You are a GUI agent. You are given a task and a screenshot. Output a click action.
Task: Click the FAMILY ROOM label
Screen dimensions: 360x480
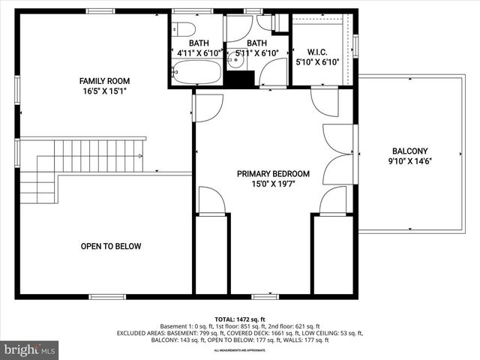pyautogui.click(x=105, y=80)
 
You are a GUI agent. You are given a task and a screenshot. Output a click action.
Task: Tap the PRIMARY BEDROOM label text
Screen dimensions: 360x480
pyautogui.click(x=273, y=173)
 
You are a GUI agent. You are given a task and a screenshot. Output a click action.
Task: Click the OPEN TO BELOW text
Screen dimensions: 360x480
pyautogui.click(x=111, y=246)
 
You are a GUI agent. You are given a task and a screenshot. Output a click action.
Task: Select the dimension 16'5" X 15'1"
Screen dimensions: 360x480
pyautogui.click(x=105, y=92)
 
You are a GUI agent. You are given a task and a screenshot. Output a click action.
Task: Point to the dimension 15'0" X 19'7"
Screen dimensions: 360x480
pyautogui.click(x=273, y=184)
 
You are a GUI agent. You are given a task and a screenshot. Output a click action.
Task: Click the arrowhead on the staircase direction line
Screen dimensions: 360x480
pyautogui.click(x=141, y=157)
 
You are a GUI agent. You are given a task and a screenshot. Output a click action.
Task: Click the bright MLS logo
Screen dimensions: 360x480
pyautogui.click(x=30, y=349)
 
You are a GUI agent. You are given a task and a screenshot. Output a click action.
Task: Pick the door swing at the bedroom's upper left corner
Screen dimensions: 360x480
pyautogui.click(x=208, y=108)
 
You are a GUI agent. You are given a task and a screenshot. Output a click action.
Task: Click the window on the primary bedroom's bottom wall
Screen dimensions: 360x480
pyautogui.click(x=265, y=296)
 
